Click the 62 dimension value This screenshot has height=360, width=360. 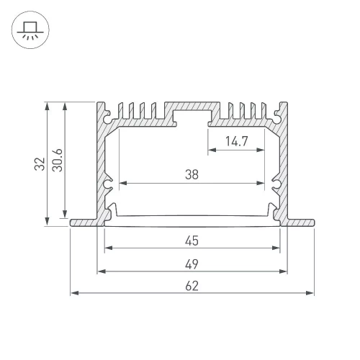pyautogui.click(x=192, y=286)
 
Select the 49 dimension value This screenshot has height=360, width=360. pyautogui.click(x=192, y=264)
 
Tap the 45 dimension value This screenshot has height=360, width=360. pyautogui.click(x=192, y=240)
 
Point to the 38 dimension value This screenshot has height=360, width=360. pyautogui.click(x=192, y=174)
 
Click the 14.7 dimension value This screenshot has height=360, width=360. pyautogui.click(x=236, y=141)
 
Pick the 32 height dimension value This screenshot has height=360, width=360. pyautogui.click(x=40, y=164)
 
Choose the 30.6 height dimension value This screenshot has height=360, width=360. pyautogui.click(x=58, y=161)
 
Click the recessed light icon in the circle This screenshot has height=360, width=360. pyautogui.click(x=30, y=30)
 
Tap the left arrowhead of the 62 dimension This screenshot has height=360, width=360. pyautogui.click(x=75, y=293)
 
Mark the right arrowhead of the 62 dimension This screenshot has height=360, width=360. pyautogui.click(x=310, y=293)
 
